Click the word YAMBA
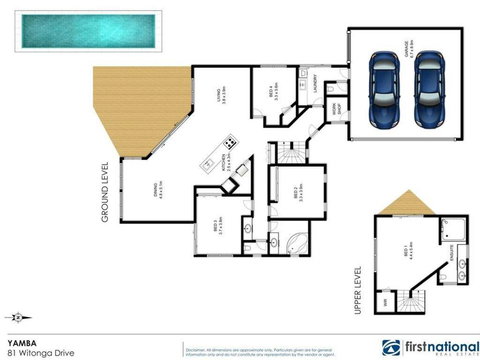(21, 340)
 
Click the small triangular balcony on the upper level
(402, 206)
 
